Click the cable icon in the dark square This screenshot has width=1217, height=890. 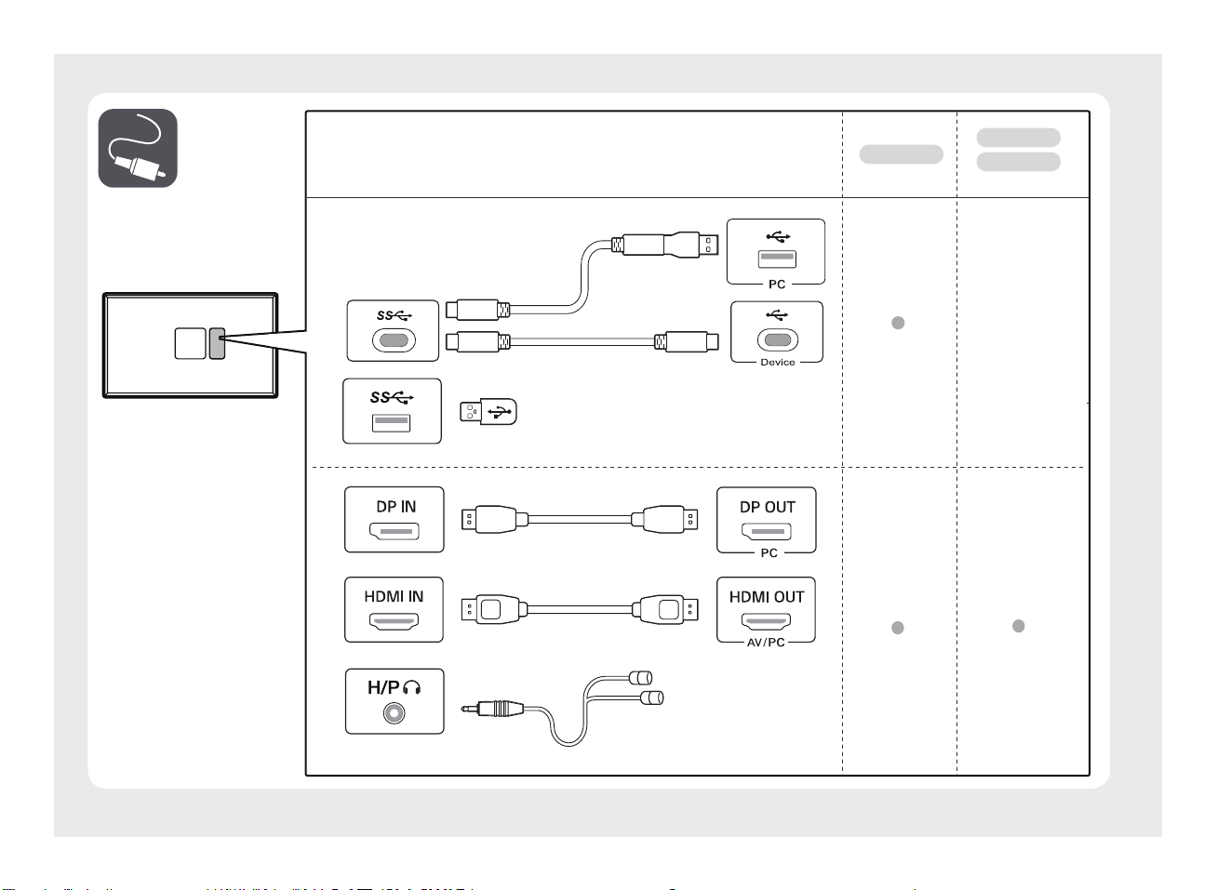pyautogui.click(x=138, y=148)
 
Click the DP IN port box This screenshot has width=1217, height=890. pyautogui.click(x=395, y=519)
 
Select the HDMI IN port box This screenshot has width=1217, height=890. pyautogui.click(x=395, y=609)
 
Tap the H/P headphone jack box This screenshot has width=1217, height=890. pyautogui.click(x=395, y=700)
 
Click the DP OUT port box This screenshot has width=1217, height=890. pyautogui.click(x=767, y=519)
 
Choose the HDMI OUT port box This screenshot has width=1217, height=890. pyautogui.click(x=767, y=609)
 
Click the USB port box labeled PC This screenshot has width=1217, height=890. pyautogui.click(x=776, y=251)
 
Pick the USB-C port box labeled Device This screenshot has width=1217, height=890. pyautogui.click(x=777, y=331)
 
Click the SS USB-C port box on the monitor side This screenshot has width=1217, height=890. pyautogui.click(x=393, y=330)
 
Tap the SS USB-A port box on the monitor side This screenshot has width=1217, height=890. pyautogui.click(x=392, y=410)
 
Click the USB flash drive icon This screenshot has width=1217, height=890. pyautogui.click(x=488, y=411)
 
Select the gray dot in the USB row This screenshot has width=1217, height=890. pyautogui.click(x=898, y=323)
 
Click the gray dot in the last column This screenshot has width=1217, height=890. pyautogui.click(x=1019, y=626)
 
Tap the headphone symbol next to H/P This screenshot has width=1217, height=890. pyautogui.click(x=413, y=687)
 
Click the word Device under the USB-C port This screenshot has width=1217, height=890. pyautogui.click(x=778, y=362)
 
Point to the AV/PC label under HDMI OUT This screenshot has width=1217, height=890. pyautogui.click(x=766, y=642)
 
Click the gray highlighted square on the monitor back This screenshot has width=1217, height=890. pyautogui.click(x=217, y=343)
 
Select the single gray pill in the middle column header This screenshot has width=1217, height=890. pyautogui.click(x=901, y=154)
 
